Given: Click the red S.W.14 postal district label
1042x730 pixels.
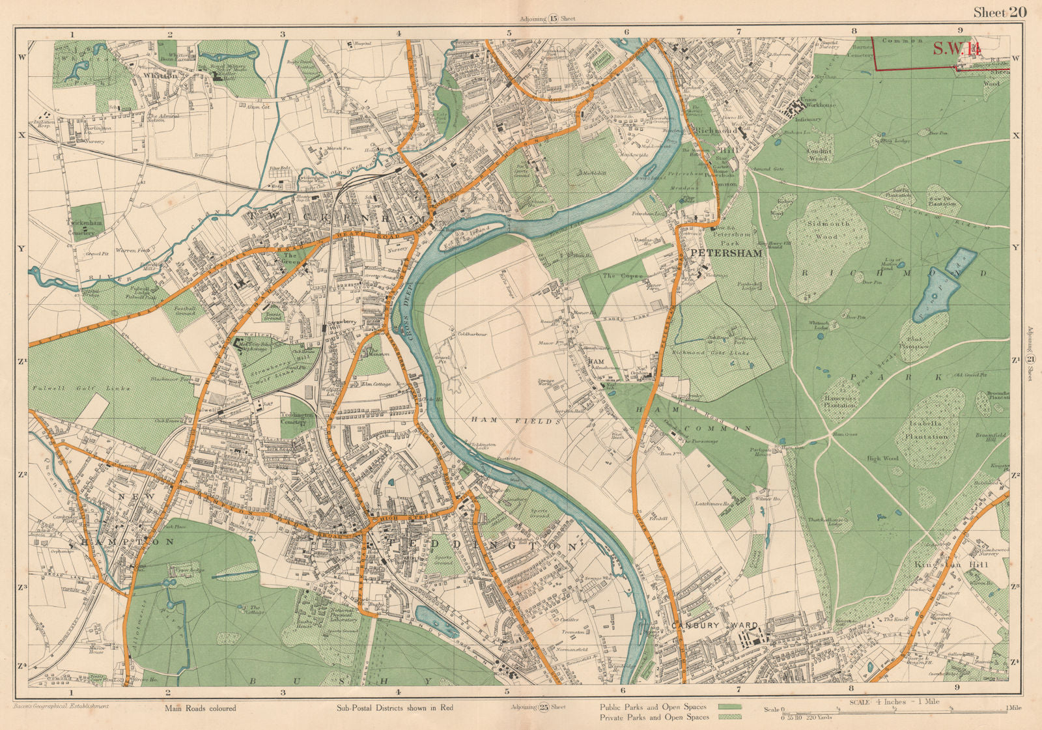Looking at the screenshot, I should pos(956,49).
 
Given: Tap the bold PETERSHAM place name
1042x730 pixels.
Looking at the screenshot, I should pos(725,253).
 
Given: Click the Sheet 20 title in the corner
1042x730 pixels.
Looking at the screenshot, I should pos(999,12).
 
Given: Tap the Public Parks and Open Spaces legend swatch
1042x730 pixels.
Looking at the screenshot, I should pos(729,707).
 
